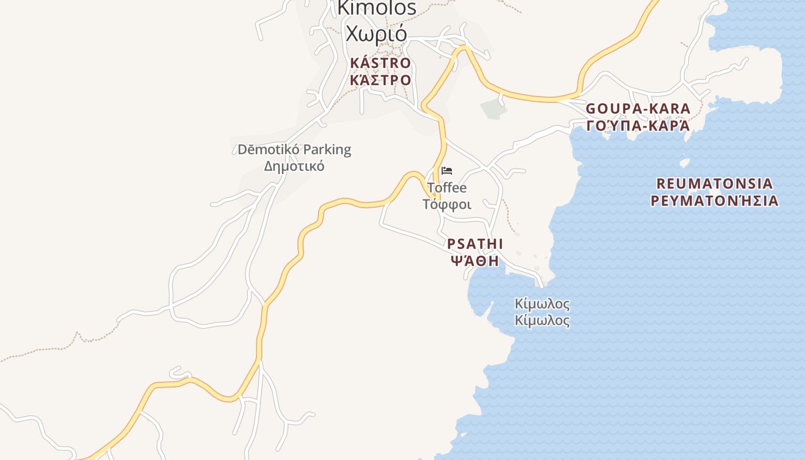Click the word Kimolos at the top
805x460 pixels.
point(377,7)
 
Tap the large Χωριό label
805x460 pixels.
point(377,33)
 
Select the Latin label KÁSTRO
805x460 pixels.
point(381,63)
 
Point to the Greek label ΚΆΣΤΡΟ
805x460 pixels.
point(381,79)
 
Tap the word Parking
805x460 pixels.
point(327,150)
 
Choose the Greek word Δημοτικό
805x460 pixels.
point(294,166)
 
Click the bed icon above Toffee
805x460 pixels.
point(447,171)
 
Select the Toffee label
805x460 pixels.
point(447,188)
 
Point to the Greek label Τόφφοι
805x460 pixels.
point(447,204)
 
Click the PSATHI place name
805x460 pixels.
point(475,244)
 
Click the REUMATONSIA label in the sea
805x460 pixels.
point(715,184)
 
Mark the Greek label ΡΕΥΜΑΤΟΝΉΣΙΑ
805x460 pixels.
point(715,201)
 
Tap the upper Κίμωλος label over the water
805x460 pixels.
point(542,304)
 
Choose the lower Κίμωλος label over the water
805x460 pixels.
point(542,320)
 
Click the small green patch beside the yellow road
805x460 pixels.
point(493,108)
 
